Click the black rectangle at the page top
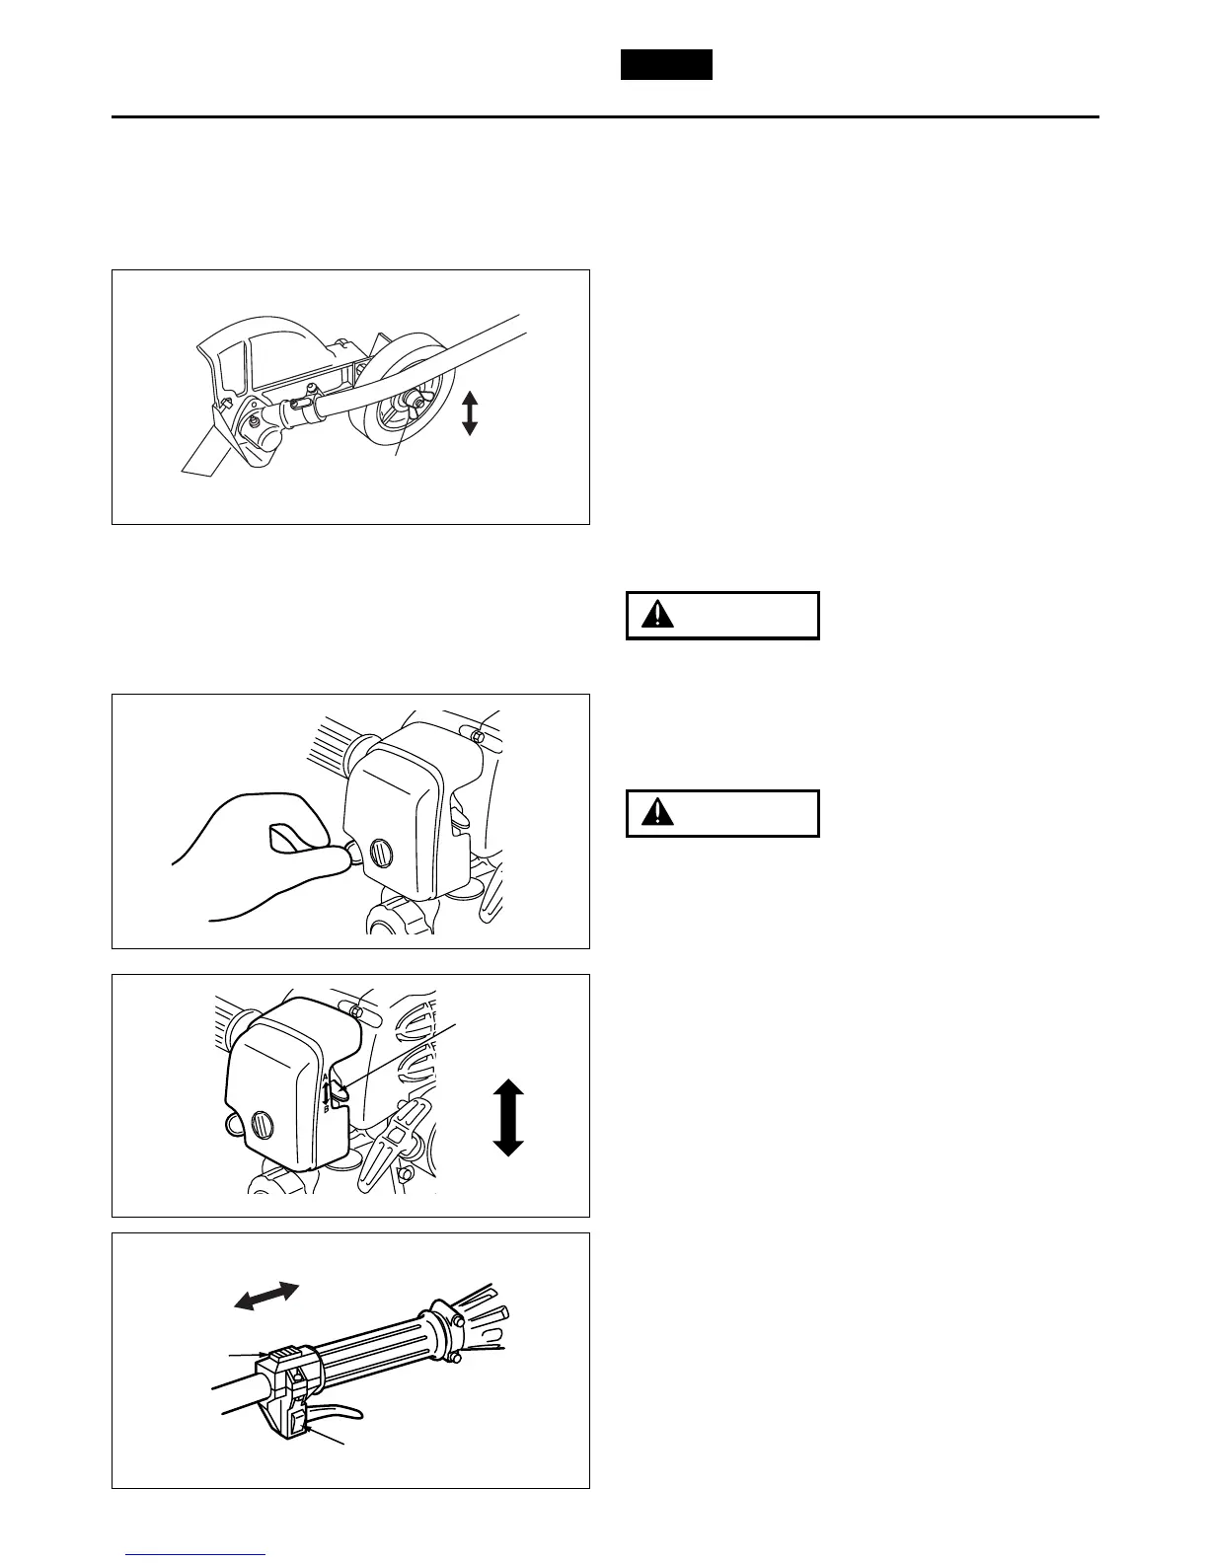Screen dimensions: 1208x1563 666,64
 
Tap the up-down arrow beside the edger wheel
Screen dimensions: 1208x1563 470,412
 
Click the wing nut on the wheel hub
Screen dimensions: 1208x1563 414,401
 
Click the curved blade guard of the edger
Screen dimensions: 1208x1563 247,355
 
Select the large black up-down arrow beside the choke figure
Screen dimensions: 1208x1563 507,1117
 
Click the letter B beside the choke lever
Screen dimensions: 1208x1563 326,1110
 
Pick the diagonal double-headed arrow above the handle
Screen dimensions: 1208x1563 266,1296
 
